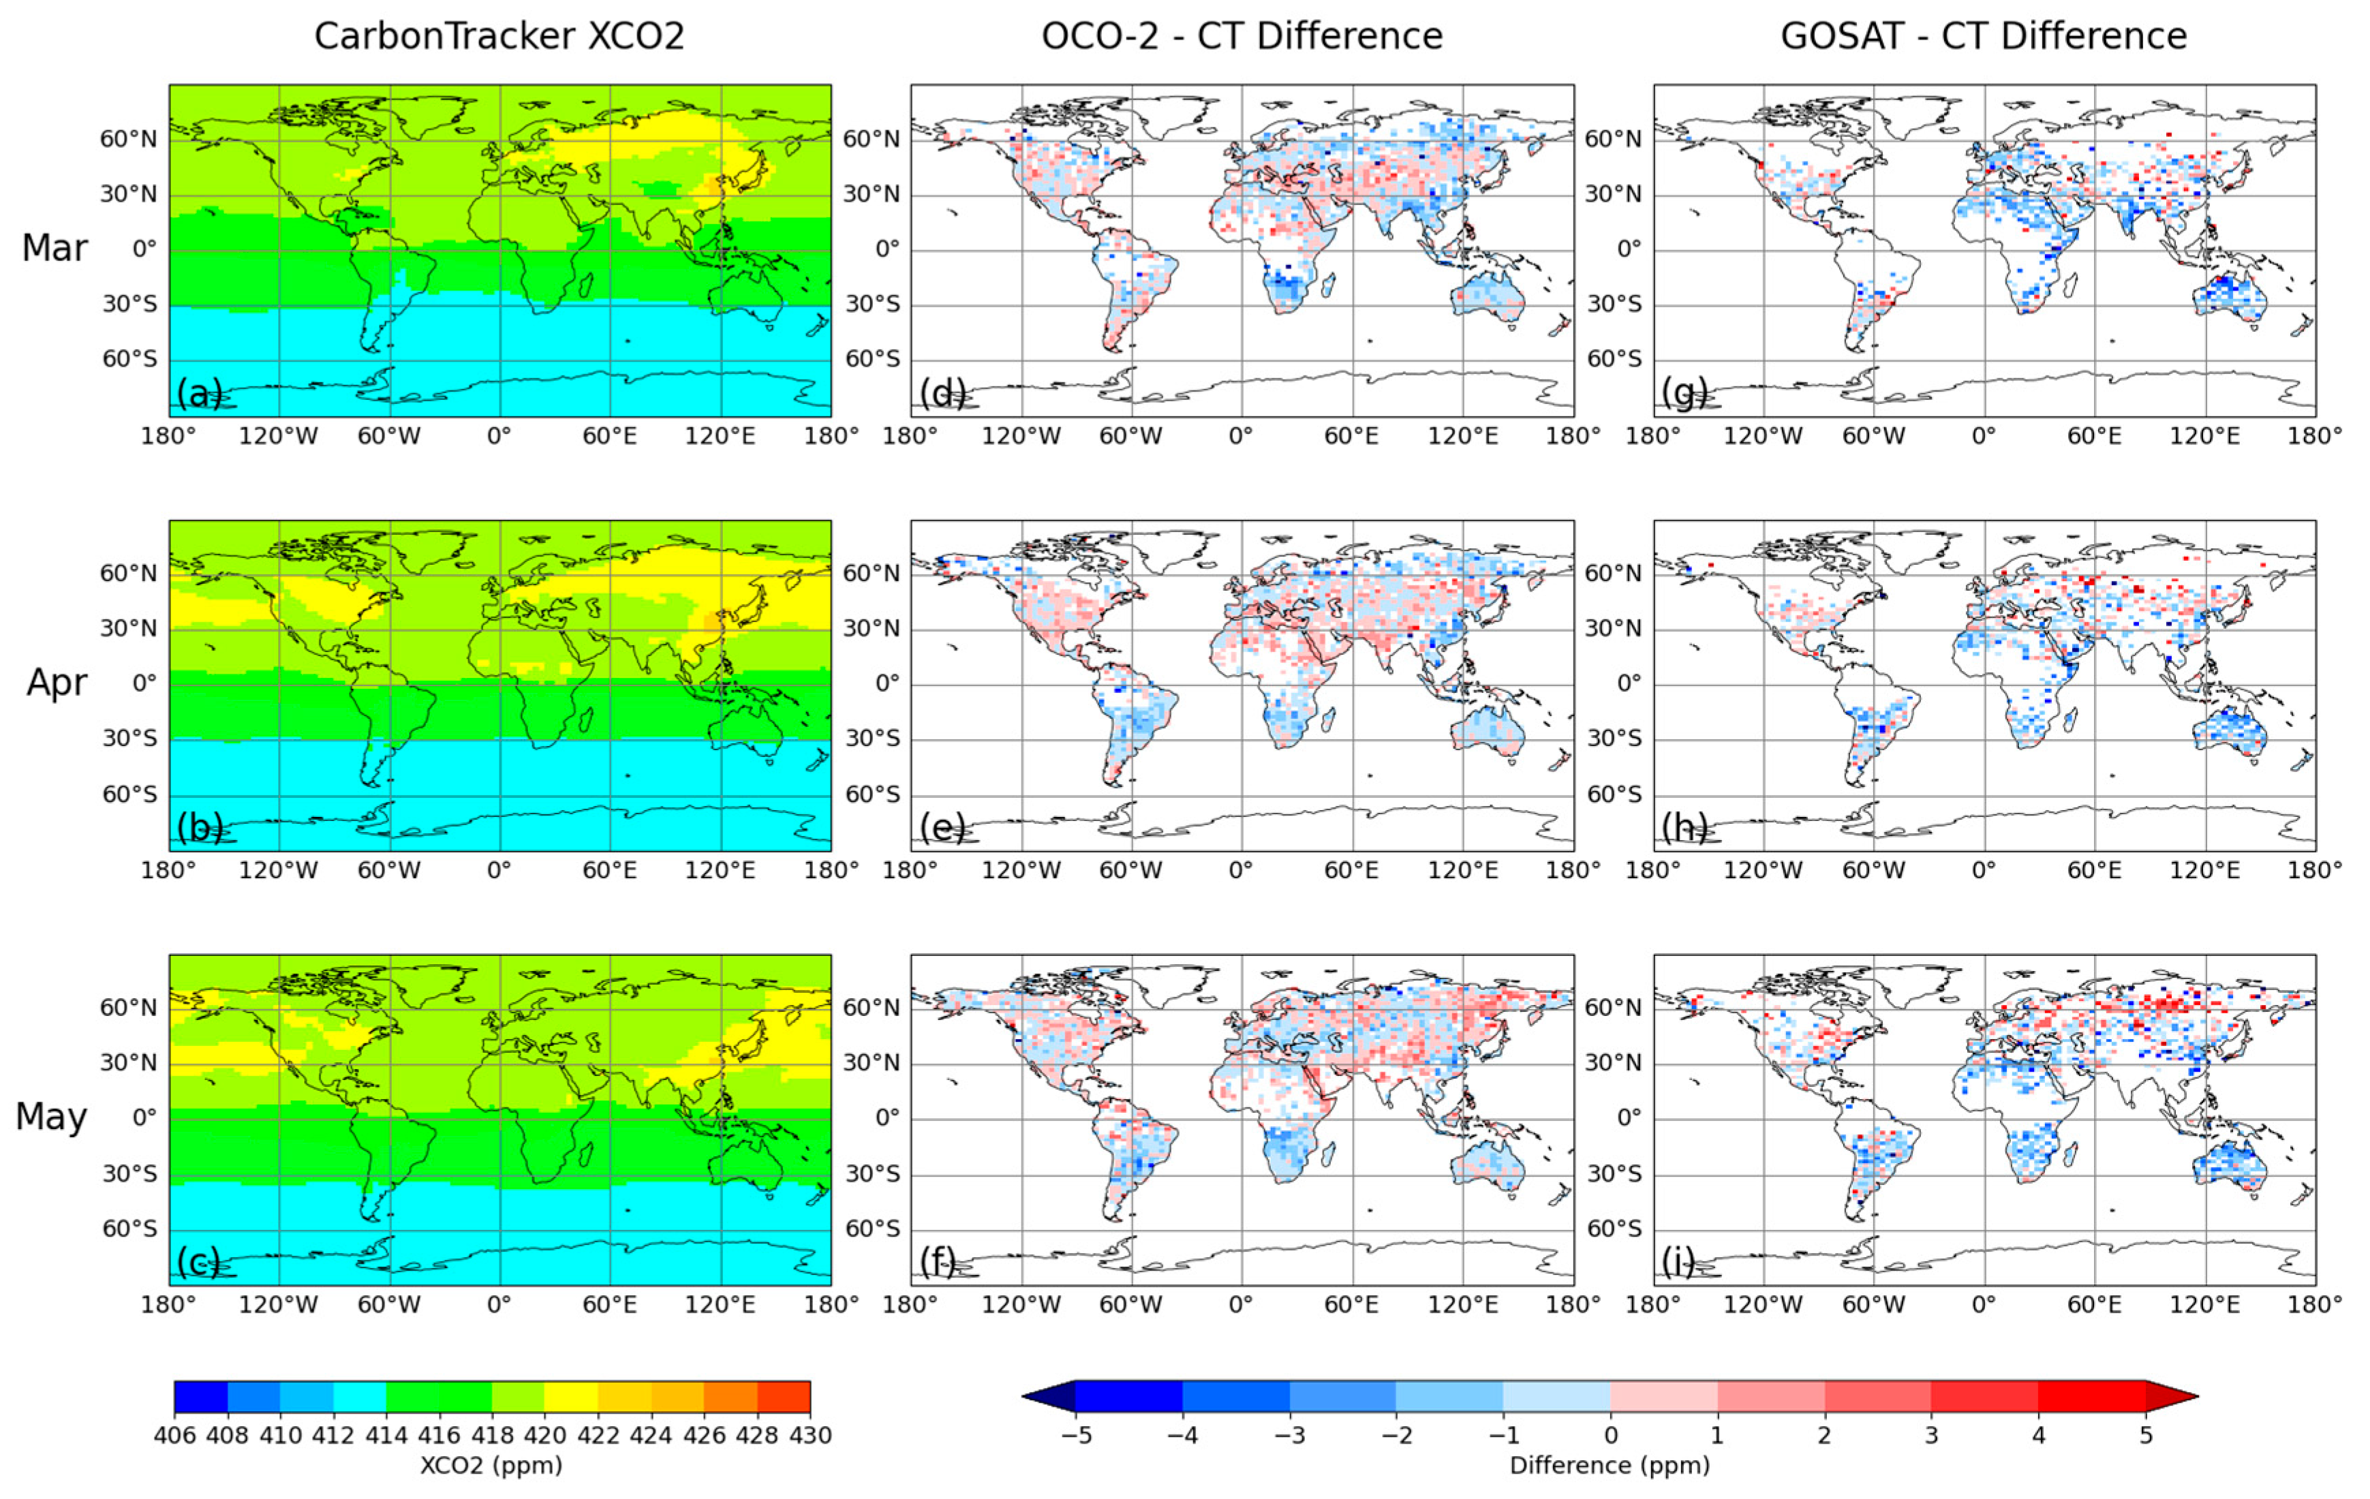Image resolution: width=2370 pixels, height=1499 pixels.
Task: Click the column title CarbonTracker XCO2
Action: coord(499,36)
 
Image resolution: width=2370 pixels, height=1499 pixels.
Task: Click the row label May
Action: coord(51,1117)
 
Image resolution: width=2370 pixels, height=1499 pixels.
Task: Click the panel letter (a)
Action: coord(199,394)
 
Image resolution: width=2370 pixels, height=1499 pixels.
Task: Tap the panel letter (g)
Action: coord(1683,394)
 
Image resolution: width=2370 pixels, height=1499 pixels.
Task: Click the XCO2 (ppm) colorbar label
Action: coord(491,1466)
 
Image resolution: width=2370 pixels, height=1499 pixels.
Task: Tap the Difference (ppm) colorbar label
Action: coord(1610,1466)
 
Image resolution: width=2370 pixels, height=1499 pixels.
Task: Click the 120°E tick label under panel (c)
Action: coord(720,1305)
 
